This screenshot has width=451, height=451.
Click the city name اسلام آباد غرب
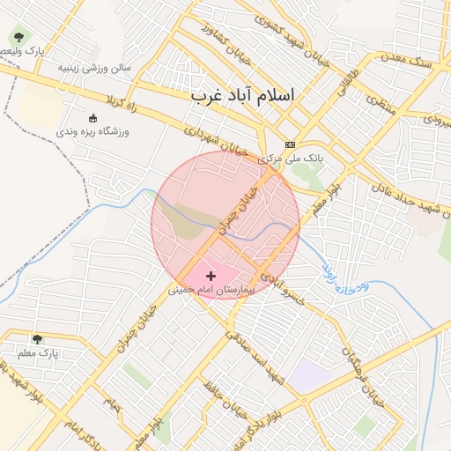click(x=243, y=94)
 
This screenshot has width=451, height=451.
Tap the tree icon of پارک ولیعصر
click(x=19, y=38)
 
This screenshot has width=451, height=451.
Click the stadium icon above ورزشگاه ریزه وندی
click(x=93, y=118)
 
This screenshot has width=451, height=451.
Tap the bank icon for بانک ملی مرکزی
click(x=290, y=145)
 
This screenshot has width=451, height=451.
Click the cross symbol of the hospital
click(x=210, y=277)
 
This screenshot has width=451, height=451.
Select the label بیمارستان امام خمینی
click(x=211, y=289)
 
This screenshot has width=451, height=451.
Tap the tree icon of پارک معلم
click(x=37, y=339)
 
